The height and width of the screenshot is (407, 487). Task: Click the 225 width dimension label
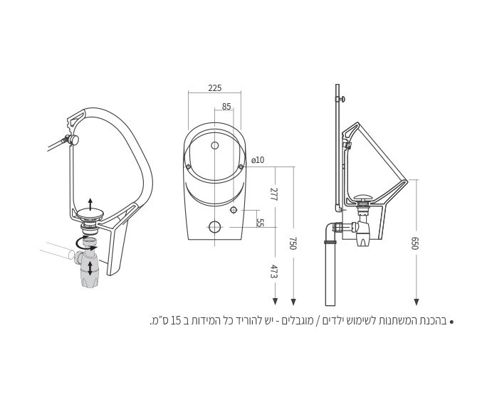click(214, 88)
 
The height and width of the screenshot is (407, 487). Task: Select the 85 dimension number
click(226, 107)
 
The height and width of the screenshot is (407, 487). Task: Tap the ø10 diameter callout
click(258, 160)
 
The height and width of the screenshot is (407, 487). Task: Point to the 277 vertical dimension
click(274, 194)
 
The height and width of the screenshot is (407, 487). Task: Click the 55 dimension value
click(260, 223)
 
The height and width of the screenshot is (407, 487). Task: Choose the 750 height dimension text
click(292, 243)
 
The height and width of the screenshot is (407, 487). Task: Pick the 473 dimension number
click(274, 271)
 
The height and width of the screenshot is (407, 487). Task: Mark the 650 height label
click(414, 243)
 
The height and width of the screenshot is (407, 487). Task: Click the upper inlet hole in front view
click(215, 146)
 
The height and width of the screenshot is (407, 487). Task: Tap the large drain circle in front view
click(215, 228)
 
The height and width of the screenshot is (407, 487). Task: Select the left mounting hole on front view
click(188, 166)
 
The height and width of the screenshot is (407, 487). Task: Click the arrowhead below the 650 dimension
click(417, 302)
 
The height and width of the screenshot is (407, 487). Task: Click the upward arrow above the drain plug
click(90, 203)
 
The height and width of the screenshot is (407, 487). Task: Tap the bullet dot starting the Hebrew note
click(451, 322)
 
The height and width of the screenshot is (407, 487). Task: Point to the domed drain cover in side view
click(364, 199)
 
